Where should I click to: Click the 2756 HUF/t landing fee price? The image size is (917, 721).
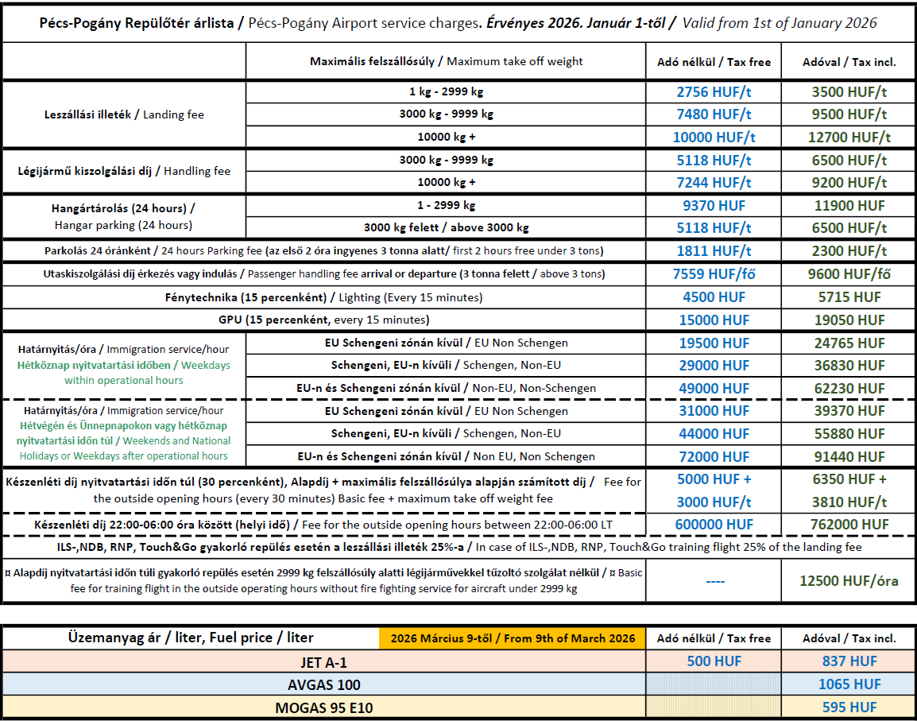point(713,91)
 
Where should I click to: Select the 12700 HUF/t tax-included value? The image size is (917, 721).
point(849,137)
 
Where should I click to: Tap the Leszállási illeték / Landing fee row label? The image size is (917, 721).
point(124,114)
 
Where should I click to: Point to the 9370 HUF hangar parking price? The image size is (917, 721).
point(713,205)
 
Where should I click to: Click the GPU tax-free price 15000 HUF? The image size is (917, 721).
point(713,320)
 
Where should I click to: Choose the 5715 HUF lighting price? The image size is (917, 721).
point(849,297)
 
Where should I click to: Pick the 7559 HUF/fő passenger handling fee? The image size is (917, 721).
point(713,274)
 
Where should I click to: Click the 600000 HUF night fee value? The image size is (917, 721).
point(713,525)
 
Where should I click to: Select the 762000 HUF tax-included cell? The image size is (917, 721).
point(849,525)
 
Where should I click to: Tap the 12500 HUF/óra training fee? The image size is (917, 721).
point(849,581)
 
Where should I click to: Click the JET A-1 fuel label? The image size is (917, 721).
point(323,661)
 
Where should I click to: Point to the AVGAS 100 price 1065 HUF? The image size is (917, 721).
point(849,684)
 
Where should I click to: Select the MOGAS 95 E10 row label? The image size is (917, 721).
point(323,707)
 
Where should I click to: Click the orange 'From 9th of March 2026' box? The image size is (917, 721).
point(513,638)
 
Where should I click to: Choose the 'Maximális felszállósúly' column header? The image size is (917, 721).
point(446,61)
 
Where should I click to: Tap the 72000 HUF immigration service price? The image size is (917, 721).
point(713,456)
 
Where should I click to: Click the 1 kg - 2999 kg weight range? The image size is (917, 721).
point(446,91)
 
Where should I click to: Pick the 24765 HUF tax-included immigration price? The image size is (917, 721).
point(849,343)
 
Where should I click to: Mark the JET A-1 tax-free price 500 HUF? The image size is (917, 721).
point(713,661)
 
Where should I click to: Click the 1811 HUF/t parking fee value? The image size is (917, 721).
point(713,251)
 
